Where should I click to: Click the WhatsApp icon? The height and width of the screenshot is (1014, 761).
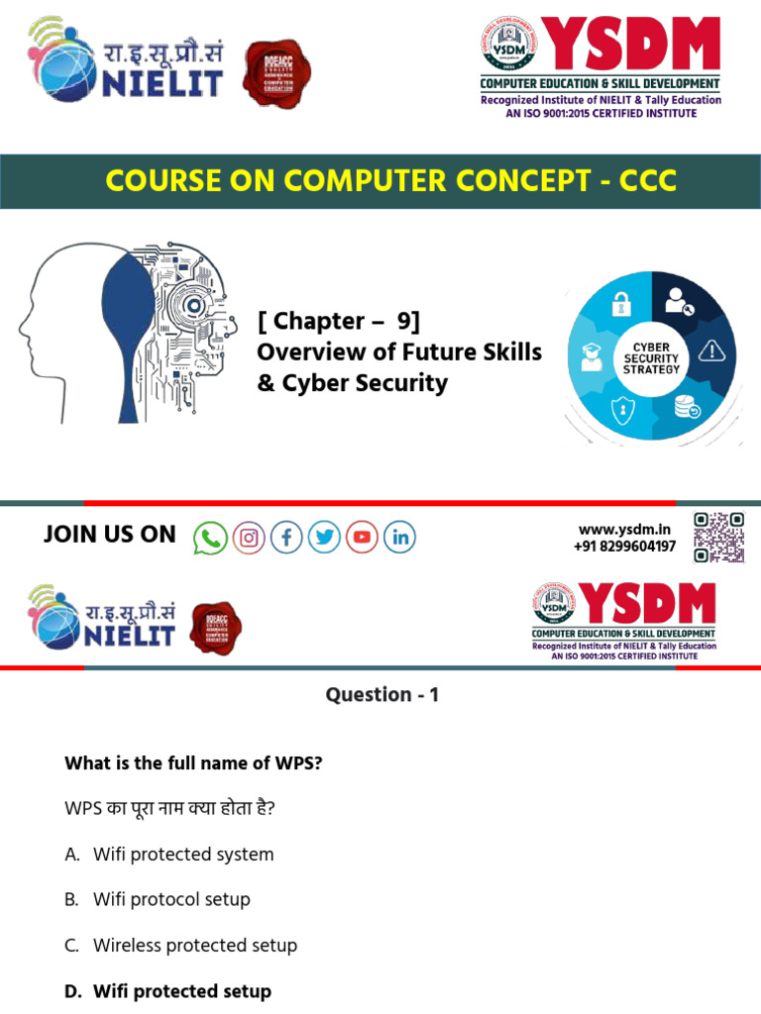(210, 538)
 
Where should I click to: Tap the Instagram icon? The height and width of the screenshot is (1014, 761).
(249, 538)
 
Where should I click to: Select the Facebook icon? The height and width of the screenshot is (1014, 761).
(286, 538)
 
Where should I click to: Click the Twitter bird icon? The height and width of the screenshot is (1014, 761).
(324, 538)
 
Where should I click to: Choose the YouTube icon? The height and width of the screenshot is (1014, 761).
(362, 538)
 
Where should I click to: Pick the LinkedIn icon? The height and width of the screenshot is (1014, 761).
(399, 538)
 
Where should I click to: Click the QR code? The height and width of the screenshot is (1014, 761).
(718, 538)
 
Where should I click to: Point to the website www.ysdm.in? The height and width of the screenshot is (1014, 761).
(624, 530)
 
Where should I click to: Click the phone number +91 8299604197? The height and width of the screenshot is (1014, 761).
(624, 547)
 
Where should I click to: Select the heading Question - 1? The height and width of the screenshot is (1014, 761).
(381, 695)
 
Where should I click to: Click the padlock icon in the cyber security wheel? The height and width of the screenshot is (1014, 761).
(621, 303)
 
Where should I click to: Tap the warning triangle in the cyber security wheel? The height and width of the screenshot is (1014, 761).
(711, 351)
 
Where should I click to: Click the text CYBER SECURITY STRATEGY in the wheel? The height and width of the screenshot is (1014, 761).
(651, 358)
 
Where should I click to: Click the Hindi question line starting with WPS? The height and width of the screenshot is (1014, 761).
(169, 809)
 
